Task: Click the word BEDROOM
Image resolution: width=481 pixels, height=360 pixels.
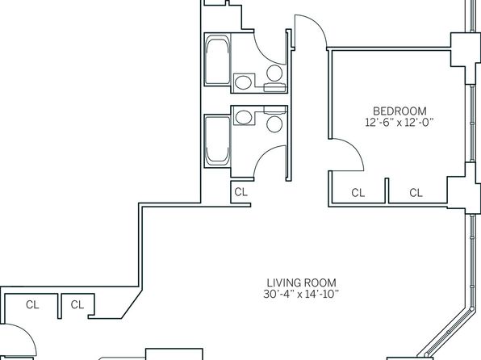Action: [399, 111]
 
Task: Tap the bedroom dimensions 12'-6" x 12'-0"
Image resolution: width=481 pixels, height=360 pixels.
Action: [399, 123]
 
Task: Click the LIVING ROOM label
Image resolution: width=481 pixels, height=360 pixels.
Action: [301, 283]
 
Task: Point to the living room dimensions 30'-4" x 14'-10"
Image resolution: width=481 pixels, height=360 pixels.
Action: [301, 294]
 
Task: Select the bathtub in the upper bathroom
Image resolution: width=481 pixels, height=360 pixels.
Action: [217, 59]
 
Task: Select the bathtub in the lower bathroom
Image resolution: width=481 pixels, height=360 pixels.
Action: [217, 141]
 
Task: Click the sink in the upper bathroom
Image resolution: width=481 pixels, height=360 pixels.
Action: [244, 82]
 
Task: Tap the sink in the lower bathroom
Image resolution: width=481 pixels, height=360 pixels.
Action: [244, 118]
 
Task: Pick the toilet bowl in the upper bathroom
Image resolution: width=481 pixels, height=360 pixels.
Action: [274, 73]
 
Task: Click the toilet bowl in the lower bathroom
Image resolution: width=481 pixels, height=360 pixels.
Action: [274, 124]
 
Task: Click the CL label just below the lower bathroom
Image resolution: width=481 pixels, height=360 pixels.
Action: [240, 192]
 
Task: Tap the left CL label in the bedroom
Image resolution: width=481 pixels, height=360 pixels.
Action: [358, 193]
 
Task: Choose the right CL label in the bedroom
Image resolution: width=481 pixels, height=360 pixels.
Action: [416, 193]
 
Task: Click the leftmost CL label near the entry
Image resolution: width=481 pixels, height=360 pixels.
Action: [32, 305]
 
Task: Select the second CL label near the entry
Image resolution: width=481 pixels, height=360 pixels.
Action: [77, 305]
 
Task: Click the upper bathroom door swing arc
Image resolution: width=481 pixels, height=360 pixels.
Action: [262, 55]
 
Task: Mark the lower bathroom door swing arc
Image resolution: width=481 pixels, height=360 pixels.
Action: [263, 155]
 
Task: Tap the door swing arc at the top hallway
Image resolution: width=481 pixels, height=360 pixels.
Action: [318, 23]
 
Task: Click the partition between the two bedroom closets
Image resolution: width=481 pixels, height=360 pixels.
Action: [387, 190]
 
